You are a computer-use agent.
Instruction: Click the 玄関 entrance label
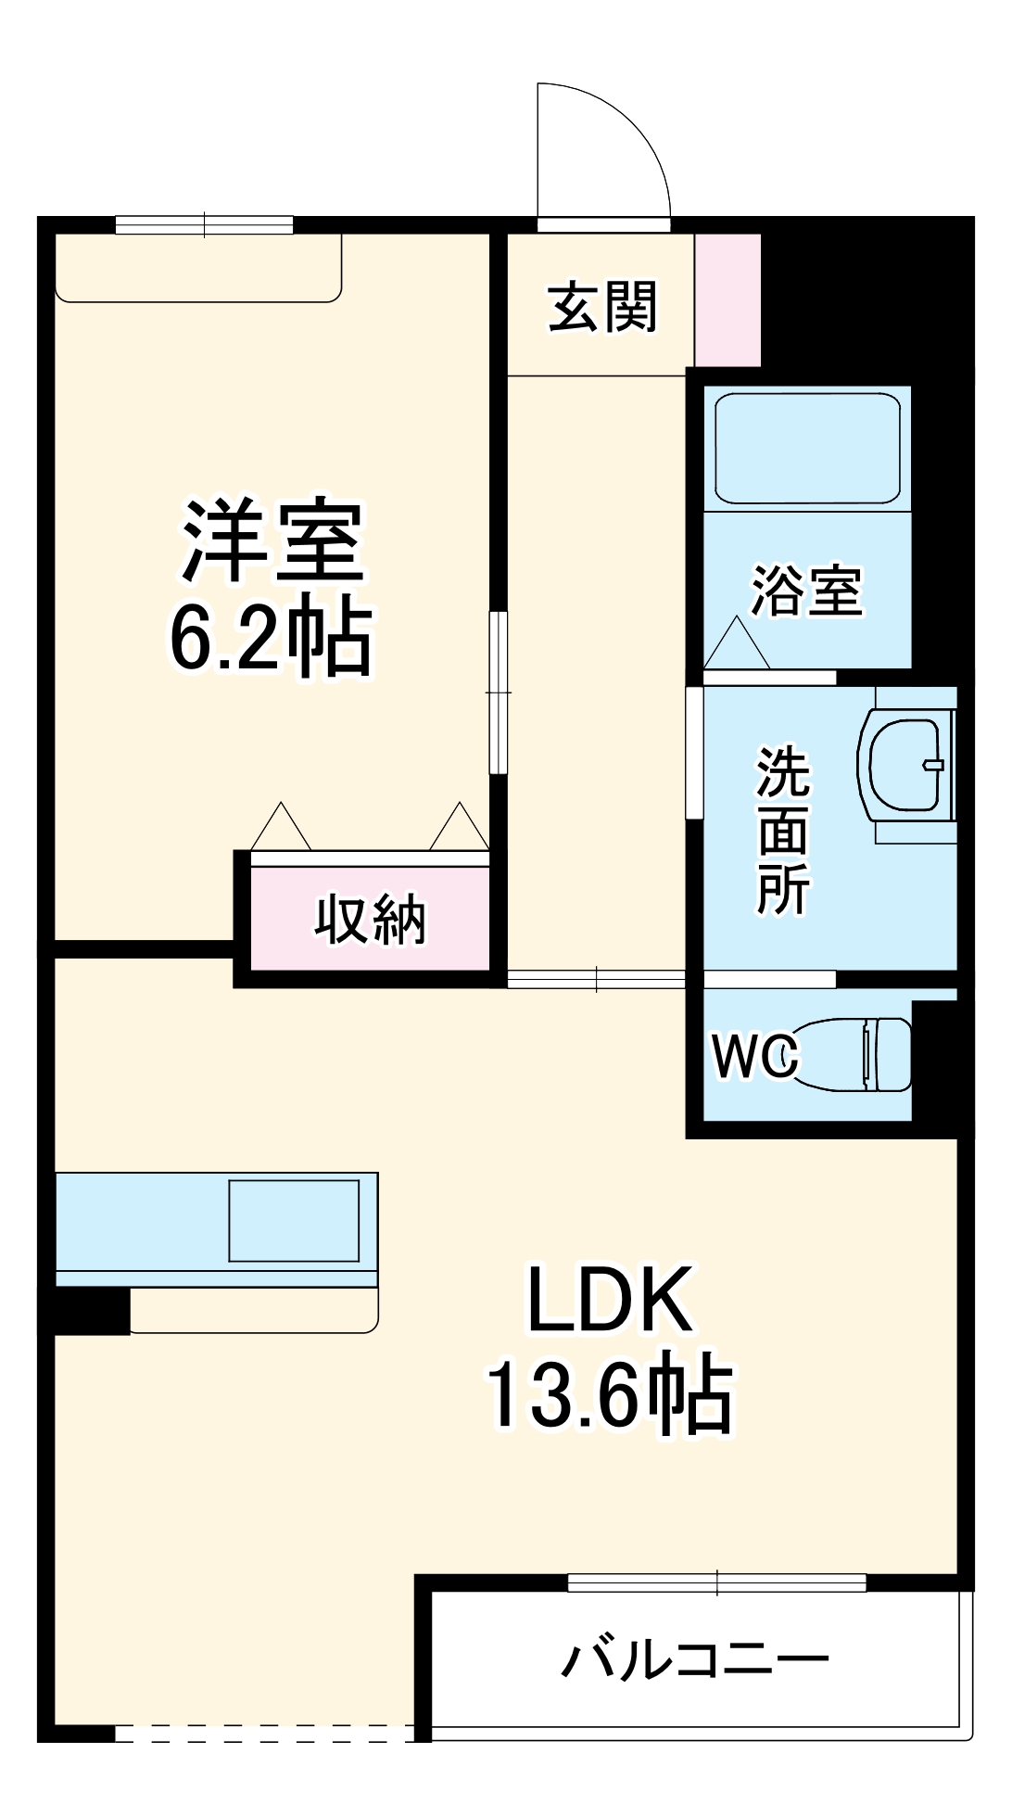[x=602, y=307]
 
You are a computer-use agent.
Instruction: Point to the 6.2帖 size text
[x=271, y=640]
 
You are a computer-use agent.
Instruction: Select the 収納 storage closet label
[x=370, y=921]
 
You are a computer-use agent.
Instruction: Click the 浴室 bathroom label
[x=807, y=591]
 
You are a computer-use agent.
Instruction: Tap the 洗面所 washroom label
[x=784, y=831]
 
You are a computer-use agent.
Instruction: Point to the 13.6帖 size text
[x=609, y=1396]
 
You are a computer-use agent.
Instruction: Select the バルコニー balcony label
[x=695, y=1660]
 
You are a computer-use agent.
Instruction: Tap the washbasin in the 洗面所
[x=906, y=765]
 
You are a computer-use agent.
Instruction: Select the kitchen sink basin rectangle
[x=294, y=1220]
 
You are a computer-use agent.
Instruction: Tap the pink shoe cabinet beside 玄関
[x=727, y=299]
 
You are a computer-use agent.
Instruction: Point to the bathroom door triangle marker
[x=737, y=642]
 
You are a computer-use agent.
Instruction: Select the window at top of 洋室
[x=205, y=224]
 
